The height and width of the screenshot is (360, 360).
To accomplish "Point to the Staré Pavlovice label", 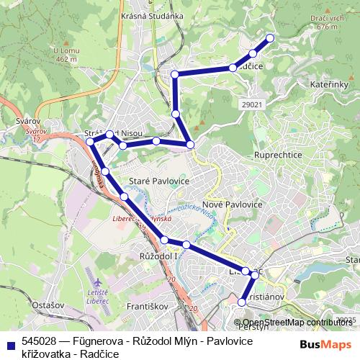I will [x=158, y=181].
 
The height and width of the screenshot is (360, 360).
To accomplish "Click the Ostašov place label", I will [x=49, y=305].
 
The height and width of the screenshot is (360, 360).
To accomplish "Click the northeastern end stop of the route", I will [x=270, y=37].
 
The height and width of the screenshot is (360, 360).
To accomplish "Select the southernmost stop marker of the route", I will [x=242, y=302].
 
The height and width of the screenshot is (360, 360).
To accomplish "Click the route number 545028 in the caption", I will [x=41, y=341].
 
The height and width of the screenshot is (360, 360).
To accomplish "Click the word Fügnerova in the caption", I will [x=96, y=341].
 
